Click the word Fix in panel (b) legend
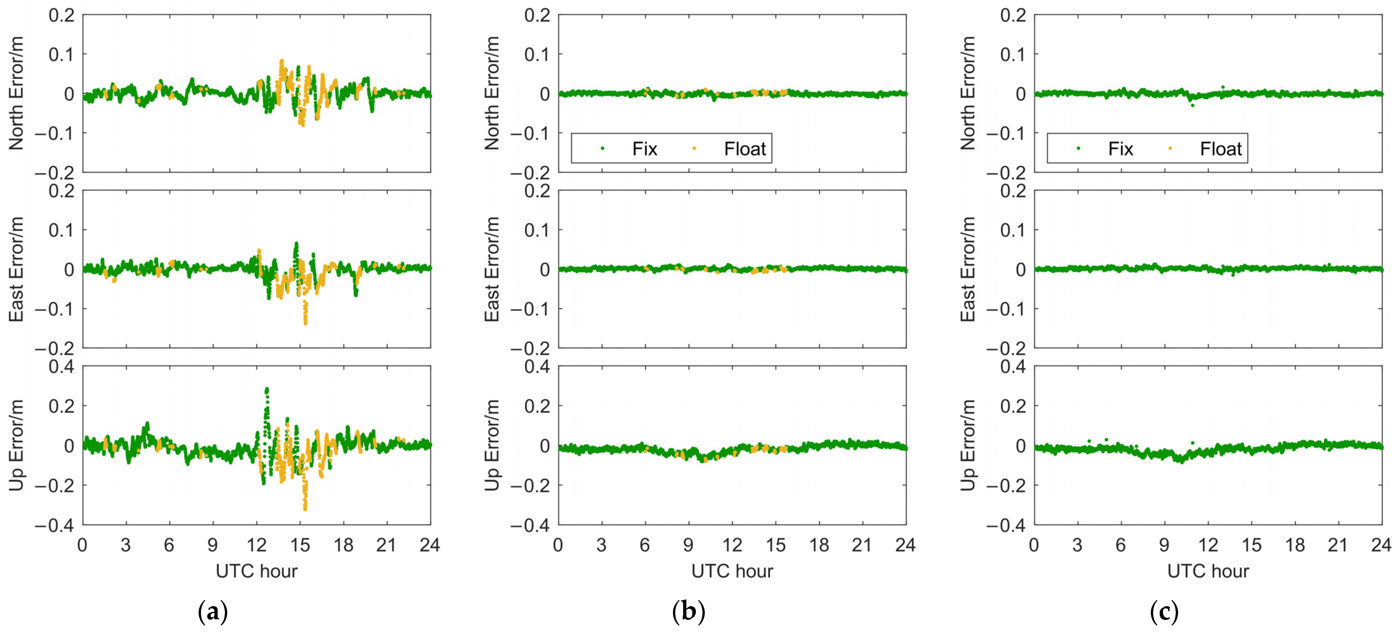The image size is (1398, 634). (644, 149)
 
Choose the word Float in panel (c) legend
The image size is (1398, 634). (1221, 149)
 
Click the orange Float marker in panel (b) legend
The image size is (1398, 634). (694, 148)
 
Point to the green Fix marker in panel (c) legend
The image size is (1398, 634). (1078, 148)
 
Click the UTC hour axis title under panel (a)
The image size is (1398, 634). (257, 571)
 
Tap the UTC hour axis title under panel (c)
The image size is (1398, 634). (1208, 571)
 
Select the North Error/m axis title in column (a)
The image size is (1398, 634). (16, 93)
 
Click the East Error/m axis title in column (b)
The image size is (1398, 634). (492, 269)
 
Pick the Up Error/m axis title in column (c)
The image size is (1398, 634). (968, 445)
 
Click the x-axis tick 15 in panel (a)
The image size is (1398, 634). (300, 545)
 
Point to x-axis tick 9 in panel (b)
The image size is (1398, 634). (688, 545)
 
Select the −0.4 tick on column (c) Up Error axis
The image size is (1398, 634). (1006, 525)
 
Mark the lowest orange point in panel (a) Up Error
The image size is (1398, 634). (305, 509)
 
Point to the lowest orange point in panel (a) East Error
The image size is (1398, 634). (305, 323)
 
